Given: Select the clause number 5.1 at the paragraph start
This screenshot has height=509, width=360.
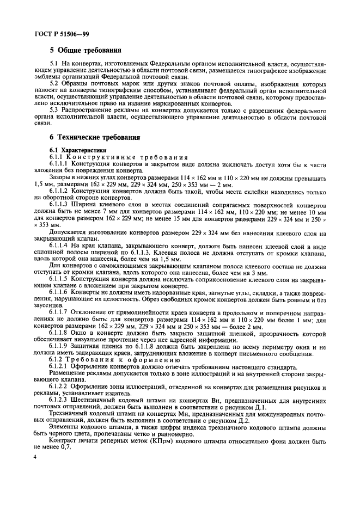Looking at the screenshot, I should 54,65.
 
